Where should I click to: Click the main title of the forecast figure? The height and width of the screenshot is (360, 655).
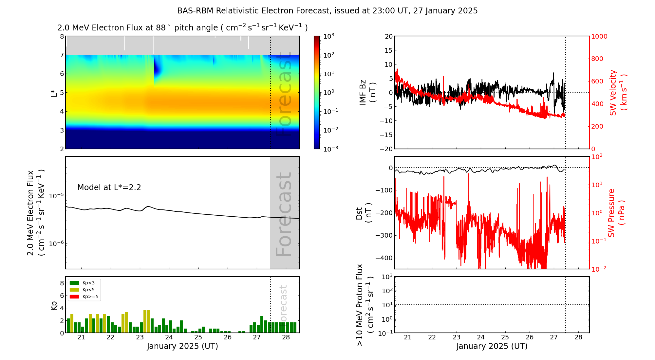click(x=327, y=11)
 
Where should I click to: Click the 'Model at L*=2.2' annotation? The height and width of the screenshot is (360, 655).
click(x=109, y=188)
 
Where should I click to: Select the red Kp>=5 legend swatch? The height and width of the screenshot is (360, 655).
click(x=74, y=297)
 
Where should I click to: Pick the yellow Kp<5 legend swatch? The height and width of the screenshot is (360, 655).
click(x=74, y=290)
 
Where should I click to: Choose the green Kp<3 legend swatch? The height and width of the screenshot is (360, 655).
click(x=74, y=283)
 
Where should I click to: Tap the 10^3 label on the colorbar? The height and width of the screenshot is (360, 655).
click(x=328, y=36)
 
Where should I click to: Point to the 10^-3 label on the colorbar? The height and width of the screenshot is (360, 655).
click(x=330, y=149)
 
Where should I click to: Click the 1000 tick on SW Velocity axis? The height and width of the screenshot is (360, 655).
click(x=599, y=36)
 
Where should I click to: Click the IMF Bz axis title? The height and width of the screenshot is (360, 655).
click(x=367, y=93)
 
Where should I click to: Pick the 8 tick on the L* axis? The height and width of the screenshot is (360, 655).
click(x=62, y=36)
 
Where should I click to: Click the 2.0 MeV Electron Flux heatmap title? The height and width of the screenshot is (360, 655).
click(x=182, y=28)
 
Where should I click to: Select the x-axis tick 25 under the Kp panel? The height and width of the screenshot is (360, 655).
click(x=198, y=337)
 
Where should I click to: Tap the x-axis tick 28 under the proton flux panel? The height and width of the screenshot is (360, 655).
click(x=578, y=337)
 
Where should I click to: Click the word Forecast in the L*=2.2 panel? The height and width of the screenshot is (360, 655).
click(x=284, y=214)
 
